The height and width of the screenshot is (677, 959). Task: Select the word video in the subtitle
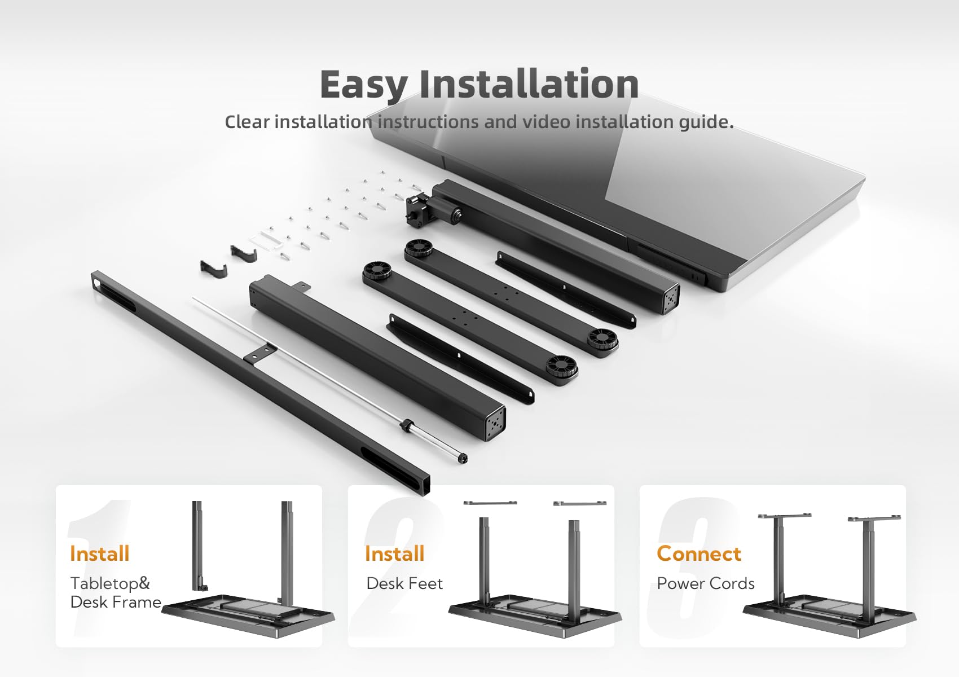[x=547, y=122]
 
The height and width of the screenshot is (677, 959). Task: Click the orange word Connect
[x=698, y=553]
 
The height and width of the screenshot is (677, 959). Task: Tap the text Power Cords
[x=706, y=583]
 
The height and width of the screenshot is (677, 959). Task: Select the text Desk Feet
[x=404, y=583]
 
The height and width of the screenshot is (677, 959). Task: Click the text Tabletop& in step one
[x=110, y=583]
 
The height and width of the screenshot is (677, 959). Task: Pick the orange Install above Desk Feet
[x=394, y=553]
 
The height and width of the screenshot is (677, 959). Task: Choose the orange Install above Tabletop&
[x=99, y=553]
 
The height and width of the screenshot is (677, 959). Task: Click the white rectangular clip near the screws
[x=266, y=239]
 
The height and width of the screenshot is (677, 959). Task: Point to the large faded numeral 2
[x=396, y=568]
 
